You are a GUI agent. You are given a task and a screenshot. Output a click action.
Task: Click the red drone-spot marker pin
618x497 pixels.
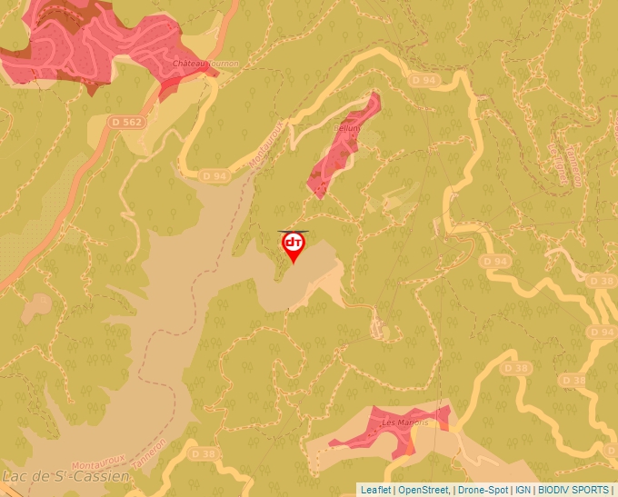294,245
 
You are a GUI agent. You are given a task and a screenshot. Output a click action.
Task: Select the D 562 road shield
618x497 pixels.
126,121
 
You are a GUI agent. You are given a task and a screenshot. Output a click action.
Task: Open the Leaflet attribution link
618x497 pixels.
375,490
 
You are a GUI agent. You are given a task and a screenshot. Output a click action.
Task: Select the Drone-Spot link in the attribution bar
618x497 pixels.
483,490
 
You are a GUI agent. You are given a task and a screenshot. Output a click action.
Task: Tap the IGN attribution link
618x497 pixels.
523,490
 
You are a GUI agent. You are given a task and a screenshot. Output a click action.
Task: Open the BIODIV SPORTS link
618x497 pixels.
574,490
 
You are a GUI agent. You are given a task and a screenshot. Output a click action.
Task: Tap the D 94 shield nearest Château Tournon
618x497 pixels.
214,175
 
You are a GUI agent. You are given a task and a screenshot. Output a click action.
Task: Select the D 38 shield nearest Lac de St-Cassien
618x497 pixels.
204,453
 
